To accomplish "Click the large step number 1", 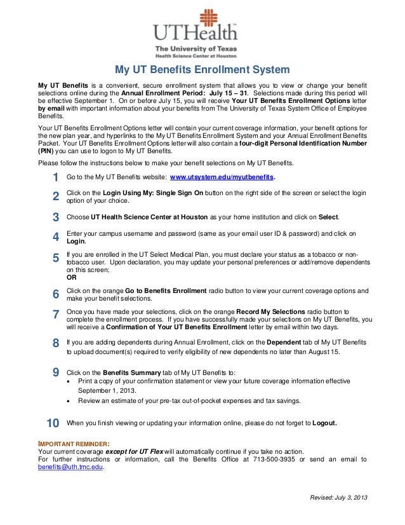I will [55, 177].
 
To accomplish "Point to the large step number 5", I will [55, 257].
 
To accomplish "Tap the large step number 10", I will [53, 423].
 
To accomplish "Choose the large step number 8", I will [55, 343].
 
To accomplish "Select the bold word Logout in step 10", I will [321, 423].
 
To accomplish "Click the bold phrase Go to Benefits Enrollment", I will [166, 290].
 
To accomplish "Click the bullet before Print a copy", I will [69, 381].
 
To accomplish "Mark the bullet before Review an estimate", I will [69, 401].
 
